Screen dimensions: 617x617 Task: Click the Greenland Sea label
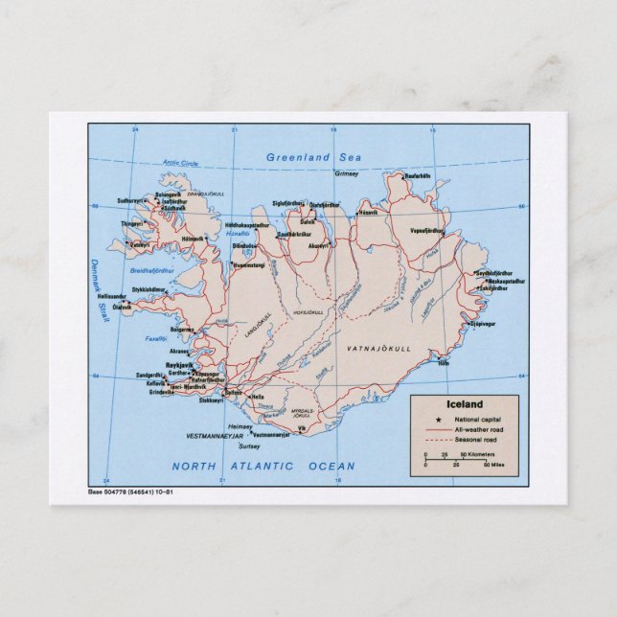click(311, 157)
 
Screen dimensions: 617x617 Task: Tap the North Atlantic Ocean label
click(263, 467)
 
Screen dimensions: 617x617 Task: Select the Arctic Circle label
click(179, 163)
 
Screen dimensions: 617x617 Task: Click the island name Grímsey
click(345, 173)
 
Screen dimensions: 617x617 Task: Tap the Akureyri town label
click(319, 246)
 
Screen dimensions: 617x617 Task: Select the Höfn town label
click(443, 363)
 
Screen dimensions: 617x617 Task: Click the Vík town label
click(302, 428)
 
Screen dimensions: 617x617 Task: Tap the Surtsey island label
click(249, 446)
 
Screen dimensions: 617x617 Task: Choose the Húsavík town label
click(369, 212)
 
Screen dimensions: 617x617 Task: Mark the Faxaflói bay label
click(156, 338)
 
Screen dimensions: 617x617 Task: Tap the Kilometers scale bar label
click(478, 452)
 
